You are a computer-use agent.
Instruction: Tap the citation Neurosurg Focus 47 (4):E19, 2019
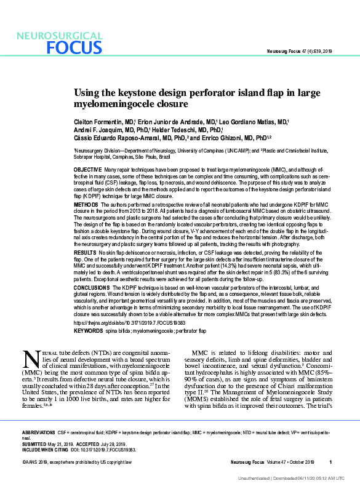298,50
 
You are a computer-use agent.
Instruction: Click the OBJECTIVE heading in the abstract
87,169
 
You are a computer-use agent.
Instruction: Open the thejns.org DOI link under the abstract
120,322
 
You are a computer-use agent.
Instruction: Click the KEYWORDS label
88,331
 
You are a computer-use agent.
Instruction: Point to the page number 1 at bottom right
330,462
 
